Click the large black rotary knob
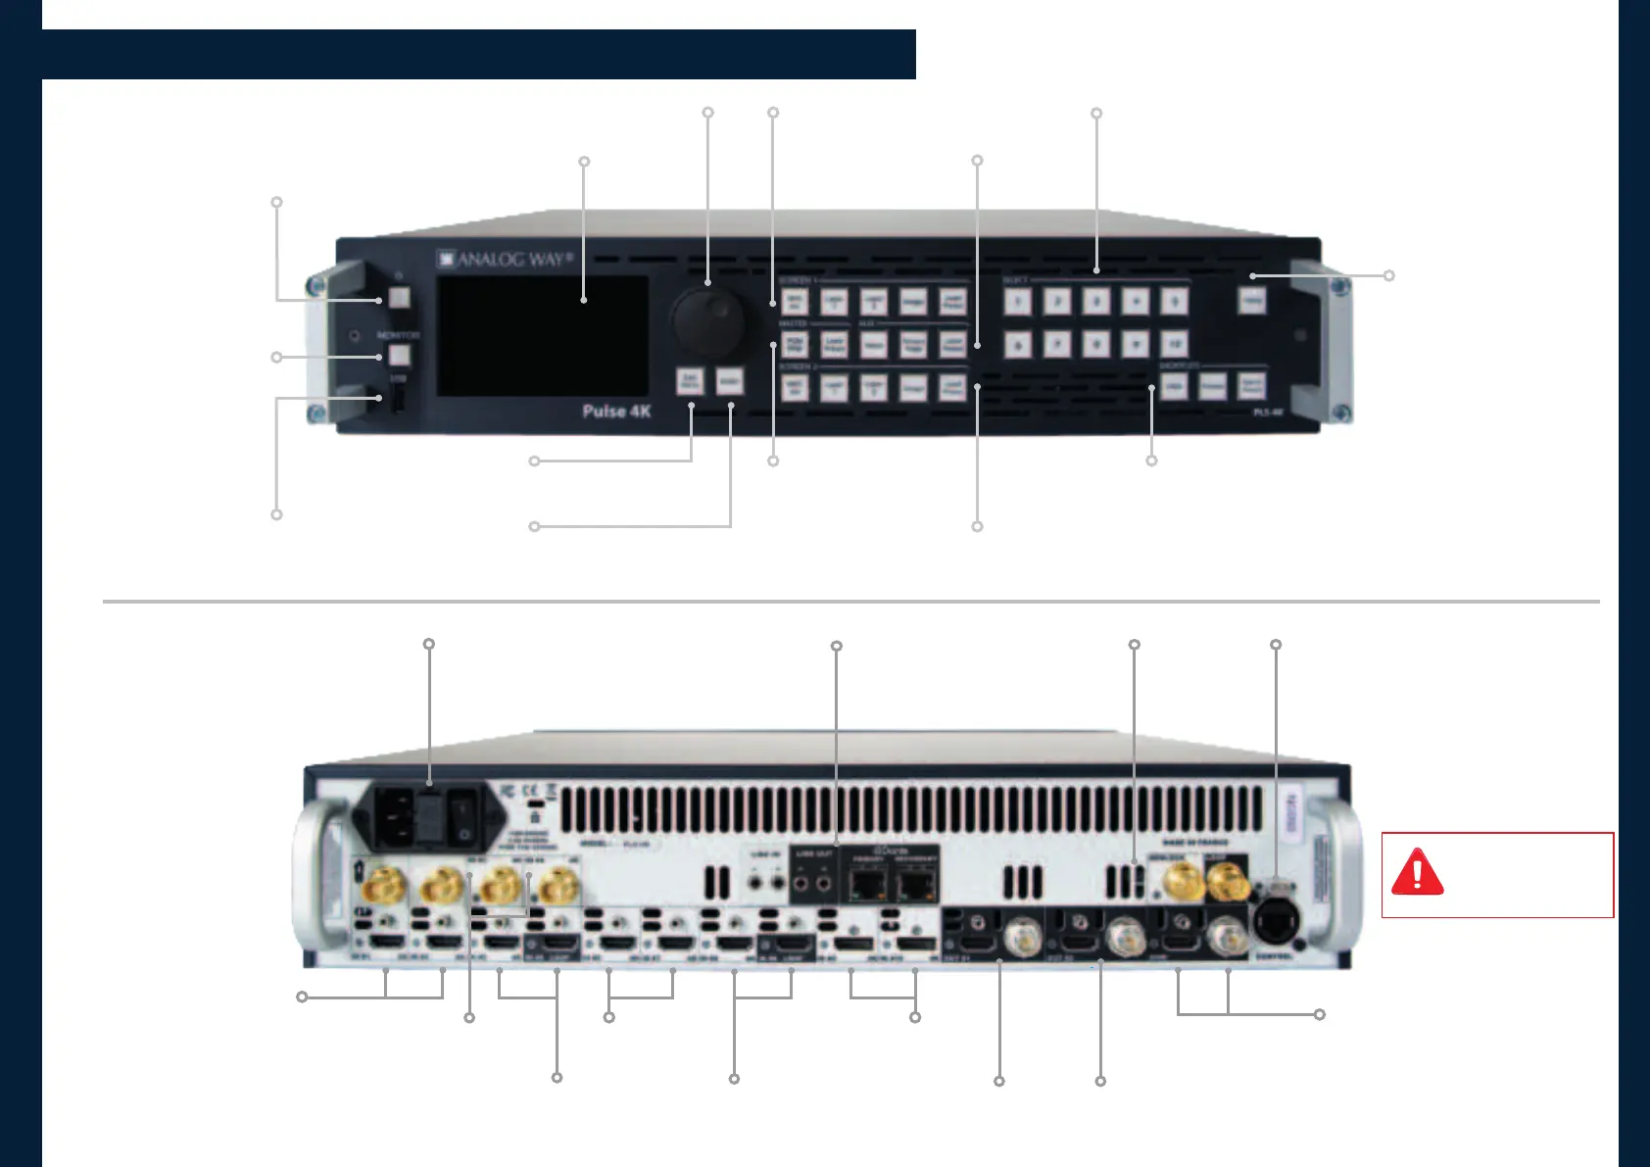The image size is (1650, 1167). (x=707, y=320)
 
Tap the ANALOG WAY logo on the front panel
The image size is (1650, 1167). (x=505, y=260)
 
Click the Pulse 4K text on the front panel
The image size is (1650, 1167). (x=616, y=412)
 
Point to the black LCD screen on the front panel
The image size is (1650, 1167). (x=543, y=336)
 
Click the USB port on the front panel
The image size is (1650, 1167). (x=399, y=399)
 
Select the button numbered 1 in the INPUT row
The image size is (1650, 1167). (x=1018, y=301)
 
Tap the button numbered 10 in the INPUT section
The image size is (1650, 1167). (x=1174, y=344)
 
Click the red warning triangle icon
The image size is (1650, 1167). (x=1417, y=873)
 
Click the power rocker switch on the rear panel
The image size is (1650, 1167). (x=461, y=819)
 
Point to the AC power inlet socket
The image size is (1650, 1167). (x=397, y=816)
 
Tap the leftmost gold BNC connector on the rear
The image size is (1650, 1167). (x=382, y=888)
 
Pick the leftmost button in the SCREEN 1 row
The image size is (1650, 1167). (x=795, y=301)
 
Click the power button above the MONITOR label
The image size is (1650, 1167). (x=399, y=298)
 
